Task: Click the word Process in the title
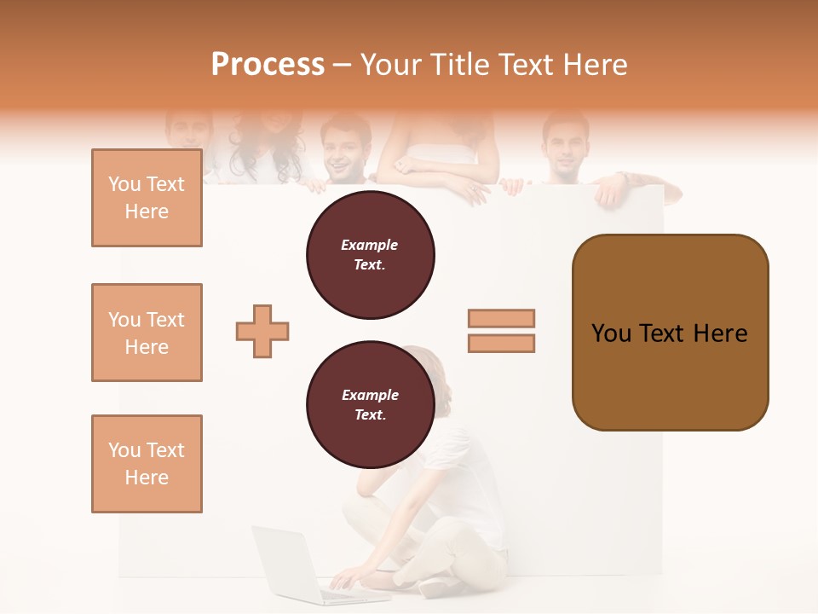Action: tap(268, 64)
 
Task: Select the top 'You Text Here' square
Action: tap(147, 198)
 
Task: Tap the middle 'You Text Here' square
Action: tap(147, 333)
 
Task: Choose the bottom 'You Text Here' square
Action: tap(147, 464)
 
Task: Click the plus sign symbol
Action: tap(262, 331)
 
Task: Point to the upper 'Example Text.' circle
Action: tap(370, 254)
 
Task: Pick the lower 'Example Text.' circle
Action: tap(370, 404)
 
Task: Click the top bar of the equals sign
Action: tap(501, 318)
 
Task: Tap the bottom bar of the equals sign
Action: tap(501, 343)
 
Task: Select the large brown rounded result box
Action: tap(670, 332)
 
